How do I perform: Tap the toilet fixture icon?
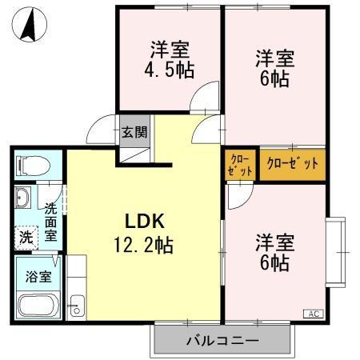pyautogui.click(x=33, y=166)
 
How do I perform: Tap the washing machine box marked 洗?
pyautogui.click(x=26, y=237)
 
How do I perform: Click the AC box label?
pyautogui.click(x=314, y=314)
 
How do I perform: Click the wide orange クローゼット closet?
pyautogui.click(x=292, y=164)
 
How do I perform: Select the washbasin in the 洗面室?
pyautogui.click(x=22, y=198)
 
